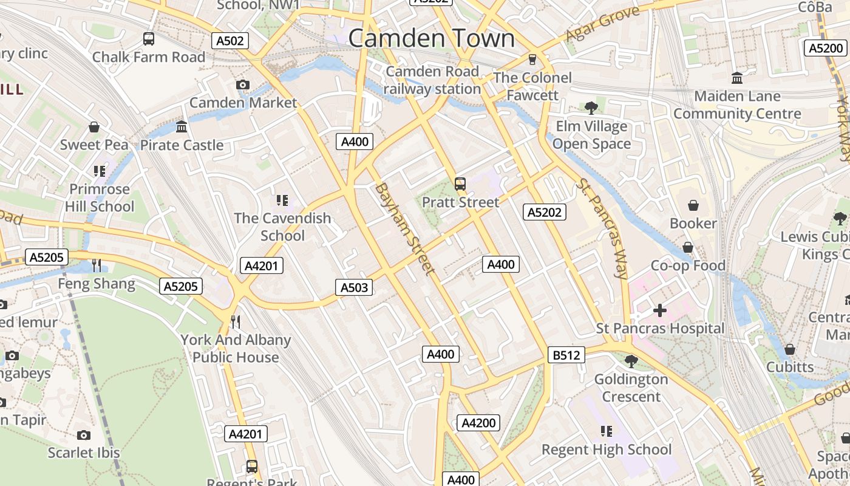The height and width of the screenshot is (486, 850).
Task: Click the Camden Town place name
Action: pos(431,38)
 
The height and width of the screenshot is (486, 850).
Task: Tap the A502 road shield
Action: pos(230,41)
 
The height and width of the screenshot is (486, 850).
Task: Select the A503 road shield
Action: pos(354,287)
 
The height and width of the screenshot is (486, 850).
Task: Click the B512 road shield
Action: pos(566,355)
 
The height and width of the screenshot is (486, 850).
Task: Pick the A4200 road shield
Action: pos(478,423)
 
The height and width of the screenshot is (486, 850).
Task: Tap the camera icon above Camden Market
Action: pos(243,84)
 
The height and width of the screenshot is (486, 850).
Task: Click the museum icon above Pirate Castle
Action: pos(182,127)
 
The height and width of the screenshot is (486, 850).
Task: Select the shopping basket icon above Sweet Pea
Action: pos(94,127)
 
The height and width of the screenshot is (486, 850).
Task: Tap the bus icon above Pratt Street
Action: pos(460,184)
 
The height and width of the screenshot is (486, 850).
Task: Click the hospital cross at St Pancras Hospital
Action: pos(659,310)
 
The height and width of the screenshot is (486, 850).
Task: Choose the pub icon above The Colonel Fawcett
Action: pos(532,59)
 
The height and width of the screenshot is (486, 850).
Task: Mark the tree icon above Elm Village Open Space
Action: pos(591,108)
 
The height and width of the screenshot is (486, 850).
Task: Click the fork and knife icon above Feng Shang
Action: pos(97,265)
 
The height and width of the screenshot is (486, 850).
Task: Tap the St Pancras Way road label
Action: pos(602,228)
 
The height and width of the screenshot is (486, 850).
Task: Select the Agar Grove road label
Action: pos(602,24)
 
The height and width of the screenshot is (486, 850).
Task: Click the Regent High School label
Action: pos(607,450)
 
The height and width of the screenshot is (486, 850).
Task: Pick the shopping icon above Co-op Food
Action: pos(688,247)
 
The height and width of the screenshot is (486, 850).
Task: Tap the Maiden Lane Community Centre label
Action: pos(737,105)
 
